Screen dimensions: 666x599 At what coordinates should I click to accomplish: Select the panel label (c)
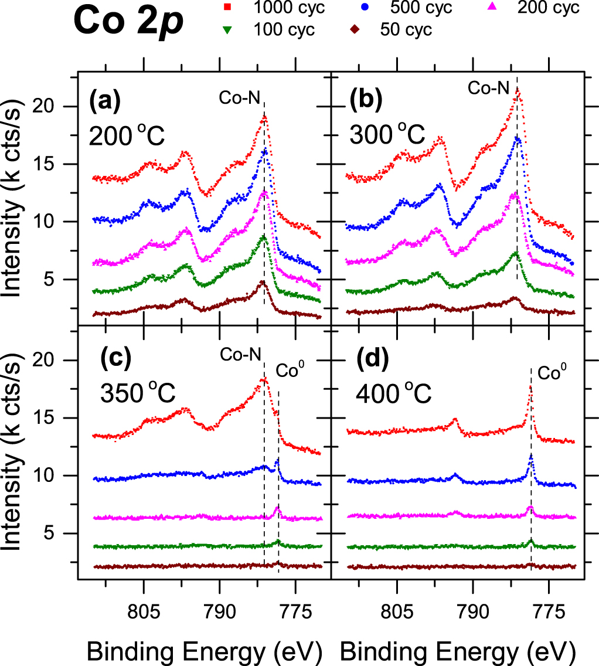point(104,356)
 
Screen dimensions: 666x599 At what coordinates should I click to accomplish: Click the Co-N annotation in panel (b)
point(488,89)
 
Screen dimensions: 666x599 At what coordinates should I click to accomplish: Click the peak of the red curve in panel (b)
point(517,90)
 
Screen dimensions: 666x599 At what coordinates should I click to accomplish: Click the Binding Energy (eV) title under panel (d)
point(457,649)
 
